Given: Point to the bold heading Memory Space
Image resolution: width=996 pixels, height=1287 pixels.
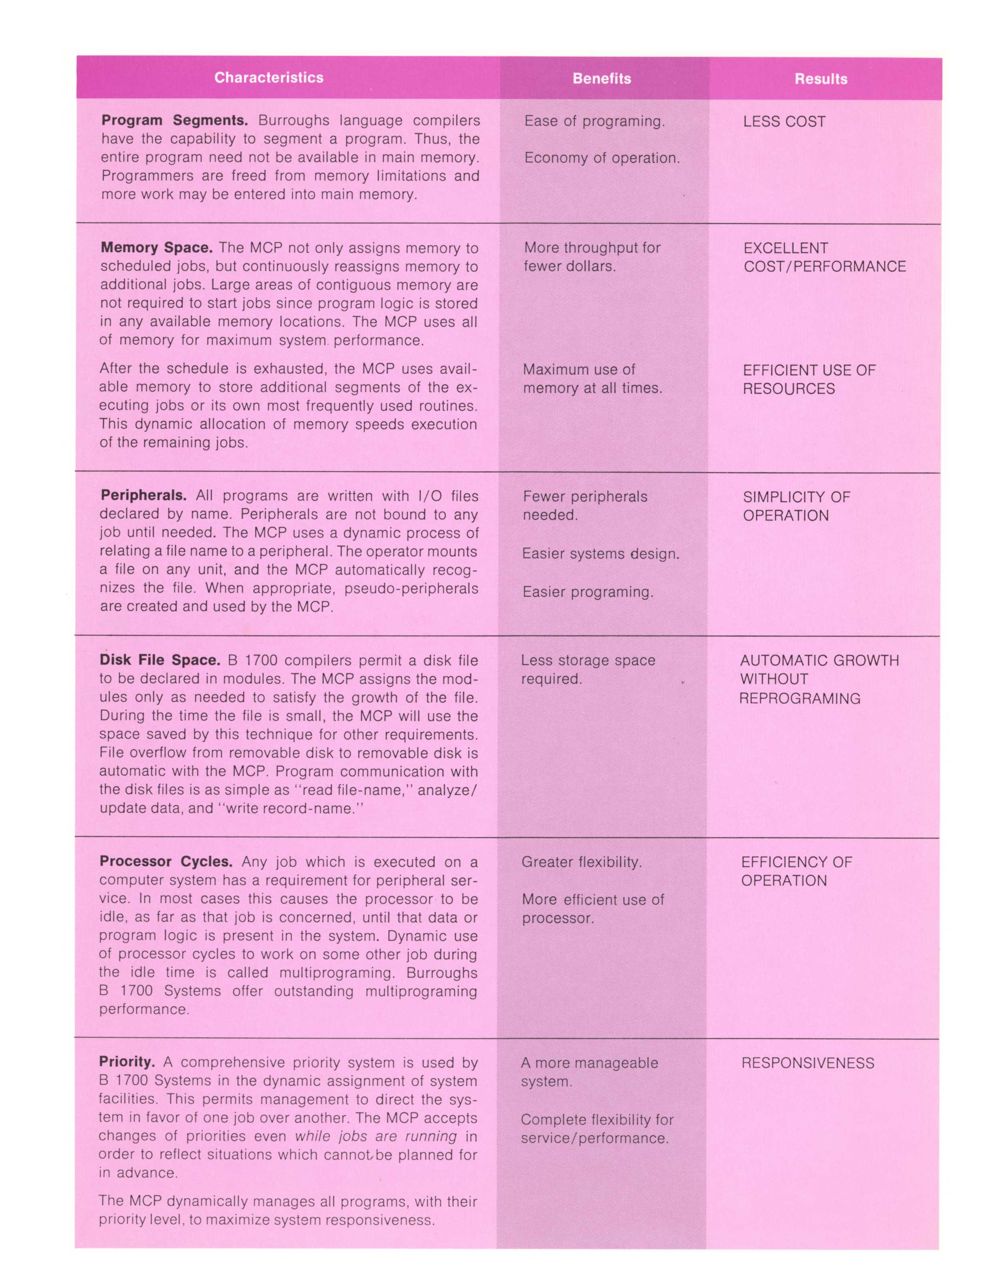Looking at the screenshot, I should tap(156, 248).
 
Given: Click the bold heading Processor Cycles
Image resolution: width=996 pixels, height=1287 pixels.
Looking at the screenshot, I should tap(166, 862).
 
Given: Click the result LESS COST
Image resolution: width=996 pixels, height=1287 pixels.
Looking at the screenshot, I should tap(784, 122).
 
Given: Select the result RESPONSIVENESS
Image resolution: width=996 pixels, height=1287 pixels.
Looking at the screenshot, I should tap(807, 1063).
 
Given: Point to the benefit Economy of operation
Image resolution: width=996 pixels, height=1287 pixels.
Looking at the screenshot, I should tap(602, 158).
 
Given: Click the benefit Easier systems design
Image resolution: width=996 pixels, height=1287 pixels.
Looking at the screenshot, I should tap(600, 554).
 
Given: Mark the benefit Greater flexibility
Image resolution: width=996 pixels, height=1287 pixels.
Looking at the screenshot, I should tap(582, 862).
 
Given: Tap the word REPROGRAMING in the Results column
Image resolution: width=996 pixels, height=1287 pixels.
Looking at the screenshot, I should tap(800, 699).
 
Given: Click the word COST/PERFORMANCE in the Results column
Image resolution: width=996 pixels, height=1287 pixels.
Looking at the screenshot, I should tap(825, 266).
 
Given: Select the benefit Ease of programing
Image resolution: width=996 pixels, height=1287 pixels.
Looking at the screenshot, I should tap(594, 121).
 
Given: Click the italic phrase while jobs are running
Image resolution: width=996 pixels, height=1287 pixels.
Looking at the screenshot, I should tap(376, 1136).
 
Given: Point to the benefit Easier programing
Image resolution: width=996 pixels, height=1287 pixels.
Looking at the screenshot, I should tap(588, 592).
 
